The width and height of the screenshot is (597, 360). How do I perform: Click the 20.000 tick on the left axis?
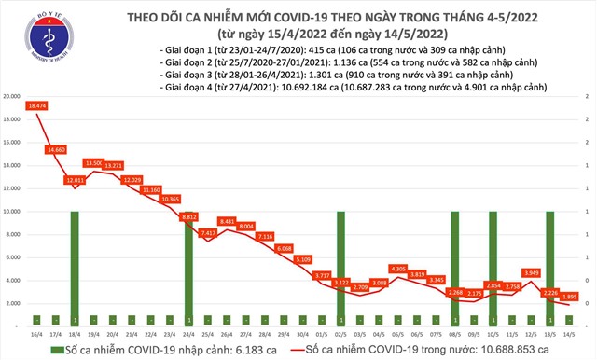click(x=12, y=96)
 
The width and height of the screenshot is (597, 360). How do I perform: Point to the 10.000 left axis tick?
click(x=12, y=212)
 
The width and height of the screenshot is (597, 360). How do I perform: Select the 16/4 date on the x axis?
click(x=36, y=334)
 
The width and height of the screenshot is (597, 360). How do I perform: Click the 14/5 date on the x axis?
click(x=569, y=334)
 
